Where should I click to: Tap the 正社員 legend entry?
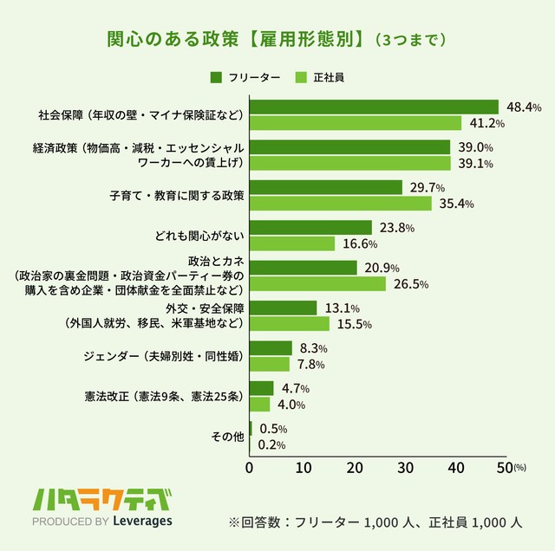tap(320, 77)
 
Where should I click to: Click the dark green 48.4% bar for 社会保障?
tap(374, 107)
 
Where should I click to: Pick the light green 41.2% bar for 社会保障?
tap(356, 123)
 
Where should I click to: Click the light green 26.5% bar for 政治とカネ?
tap(317, 283)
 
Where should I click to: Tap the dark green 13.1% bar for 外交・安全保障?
tap(283, 308)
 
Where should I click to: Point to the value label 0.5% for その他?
tap(273, 429)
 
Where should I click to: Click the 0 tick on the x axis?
tap(250, 469)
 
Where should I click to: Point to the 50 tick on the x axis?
tap(506, 469)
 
